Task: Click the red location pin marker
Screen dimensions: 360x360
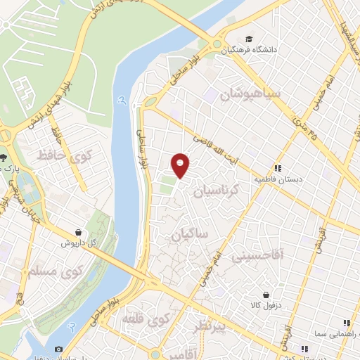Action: [181, 165]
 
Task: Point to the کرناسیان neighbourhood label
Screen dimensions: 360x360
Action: [217, 190]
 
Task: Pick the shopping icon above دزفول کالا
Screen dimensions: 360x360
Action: [266, 295]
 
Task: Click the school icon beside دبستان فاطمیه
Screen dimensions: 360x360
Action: [278, 168]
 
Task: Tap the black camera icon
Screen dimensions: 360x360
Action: [58, 349]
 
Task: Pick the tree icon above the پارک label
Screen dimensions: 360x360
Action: [5, 157]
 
